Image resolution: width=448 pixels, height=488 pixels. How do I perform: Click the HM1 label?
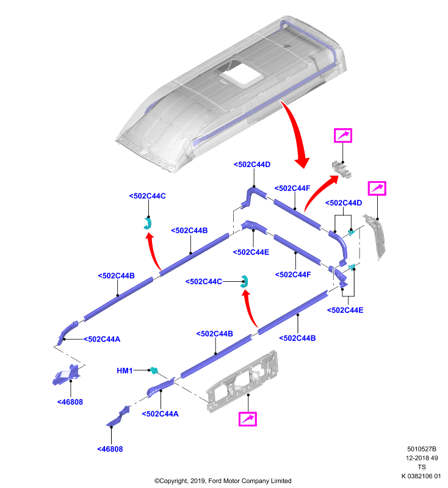125,371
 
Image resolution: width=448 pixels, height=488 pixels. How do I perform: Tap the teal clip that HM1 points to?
154,370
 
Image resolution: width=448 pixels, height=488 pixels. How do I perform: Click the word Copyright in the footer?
176,481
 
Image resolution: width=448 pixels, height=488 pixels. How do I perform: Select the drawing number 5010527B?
422,449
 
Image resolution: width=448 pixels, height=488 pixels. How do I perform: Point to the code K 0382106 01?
421,476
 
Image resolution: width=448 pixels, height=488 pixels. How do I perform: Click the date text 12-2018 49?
422,458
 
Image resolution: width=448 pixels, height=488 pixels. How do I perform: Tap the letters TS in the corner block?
422,467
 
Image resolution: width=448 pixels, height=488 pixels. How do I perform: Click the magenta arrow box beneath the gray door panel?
248,419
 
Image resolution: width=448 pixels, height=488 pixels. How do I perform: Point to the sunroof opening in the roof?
241,73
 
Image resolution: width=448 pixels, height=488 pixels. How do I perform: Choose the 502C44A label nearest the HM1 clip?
160,414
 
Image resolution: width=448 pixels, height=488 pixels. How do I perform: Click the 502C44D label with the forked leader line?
344,203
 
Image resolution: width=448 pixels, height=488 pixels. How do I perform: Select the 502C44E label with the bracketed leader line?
345,310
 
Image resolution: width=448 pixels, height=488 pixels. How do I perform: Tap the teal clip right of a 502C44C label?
244,282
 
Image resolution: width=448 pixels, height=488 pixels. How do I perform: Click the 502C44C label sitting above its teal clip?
147,196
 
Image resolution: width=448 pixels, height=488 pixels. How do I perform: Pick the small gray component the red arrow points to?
342,169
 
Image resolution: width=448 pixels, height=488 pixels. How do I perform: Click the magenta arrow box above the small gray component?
343,135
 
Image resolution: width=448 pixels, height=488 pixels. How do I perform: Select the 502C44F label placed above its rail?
292,188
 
